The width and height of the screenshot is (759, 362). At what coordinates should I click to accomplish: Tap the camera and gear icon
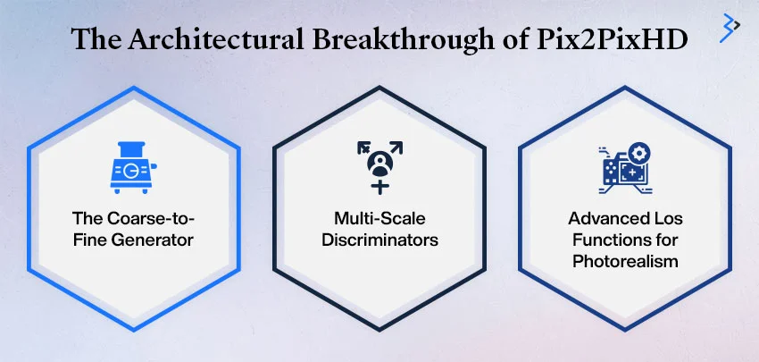[x=626, y=165]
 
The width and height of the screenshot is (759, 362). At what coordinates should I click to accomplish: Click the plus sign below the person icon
[x=380, y=186]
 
